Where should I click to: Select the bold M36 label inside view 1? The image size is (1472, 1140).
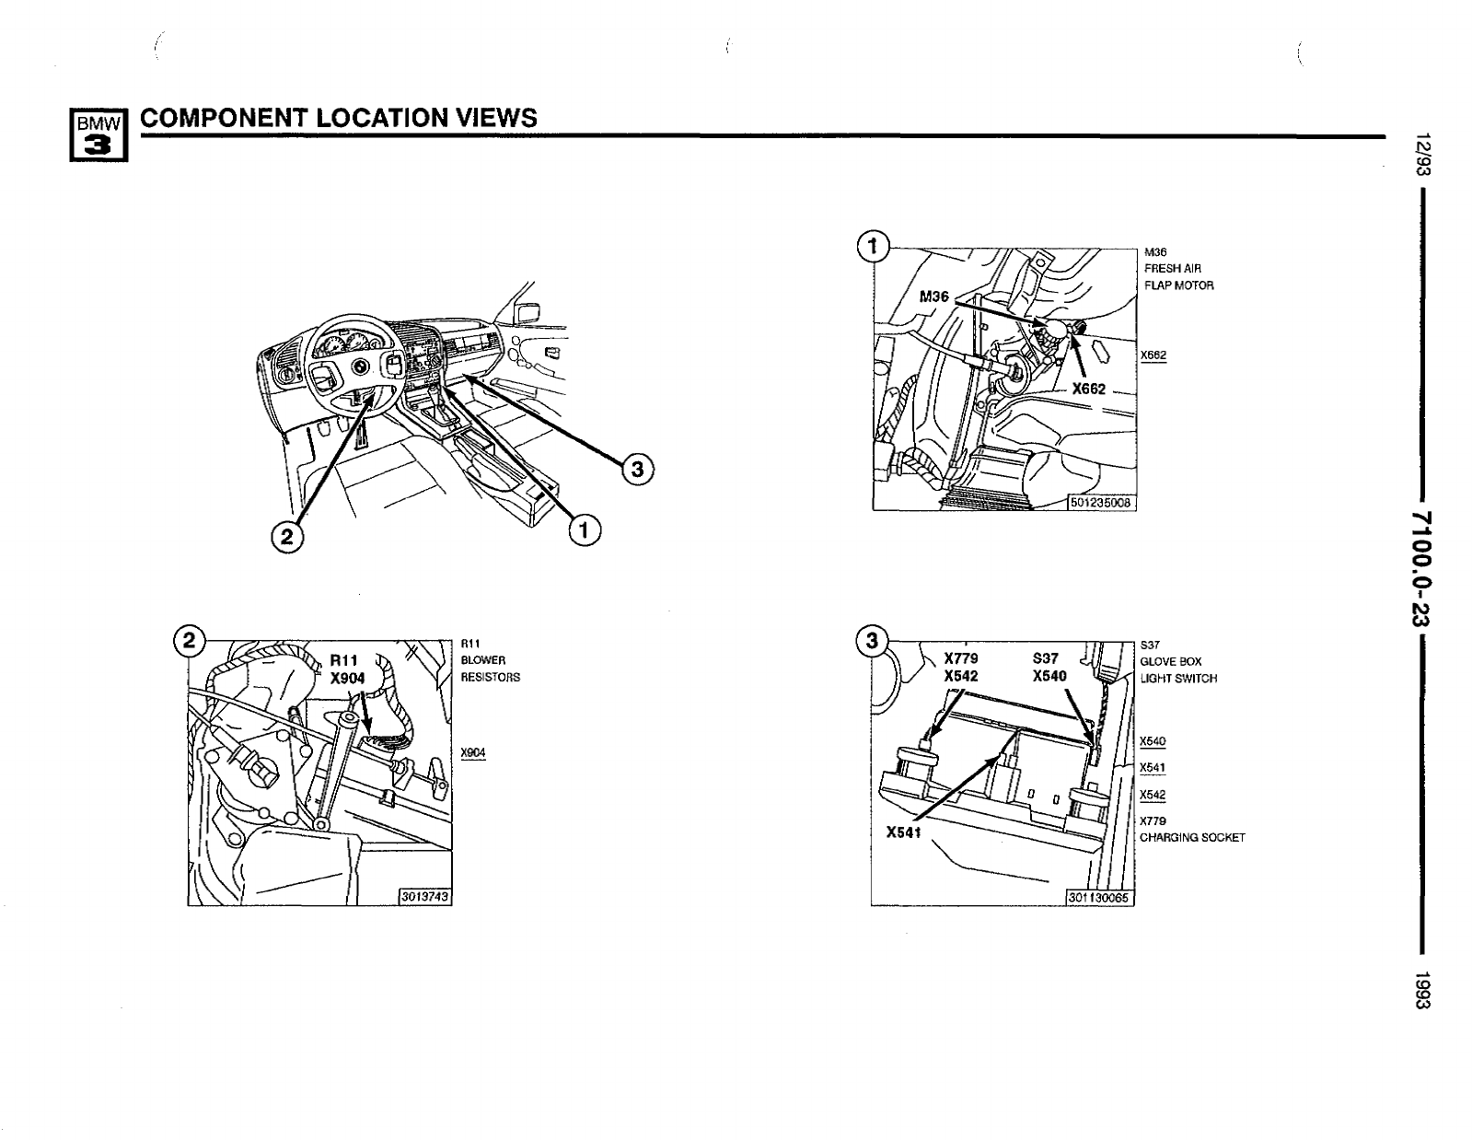[x=934, y=297]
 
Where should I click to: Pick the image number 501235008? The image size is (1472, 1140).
[x=1102, y=502]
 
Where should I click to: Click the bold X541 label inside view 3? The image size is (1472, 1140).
[x=903, y=832]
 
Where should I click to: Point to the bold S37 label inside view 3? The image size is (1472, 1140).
[x=1046, y=658]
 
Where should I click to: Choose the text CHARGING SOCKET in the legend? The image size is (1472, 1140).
[x=1192, y=837]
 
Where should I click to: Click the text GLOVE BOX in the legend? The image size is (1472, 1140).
[x=1170, y=661]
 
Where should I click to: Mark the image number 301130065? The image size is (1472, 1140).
[x=1100, y=898]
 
